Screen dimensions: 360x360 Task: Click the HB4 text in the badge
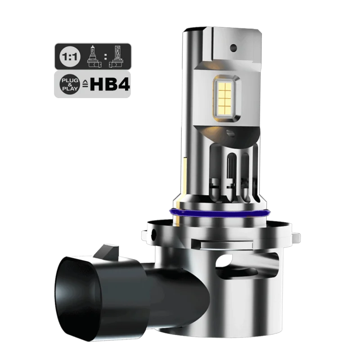click(110, 85)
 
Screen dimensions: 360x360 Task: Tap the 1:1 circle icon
click(70, 57)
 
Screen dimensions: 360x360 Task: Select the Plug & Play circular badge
click(70, 85)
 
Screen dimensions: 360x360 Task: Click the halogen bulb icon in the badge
click(94, 57)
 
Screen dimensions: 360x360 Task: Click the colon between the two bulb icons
click(105, 57)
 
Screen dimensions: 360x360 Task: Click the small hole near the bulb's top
click(233, 48)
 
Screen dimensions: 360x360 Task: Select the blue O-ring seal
click(219, 213)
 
